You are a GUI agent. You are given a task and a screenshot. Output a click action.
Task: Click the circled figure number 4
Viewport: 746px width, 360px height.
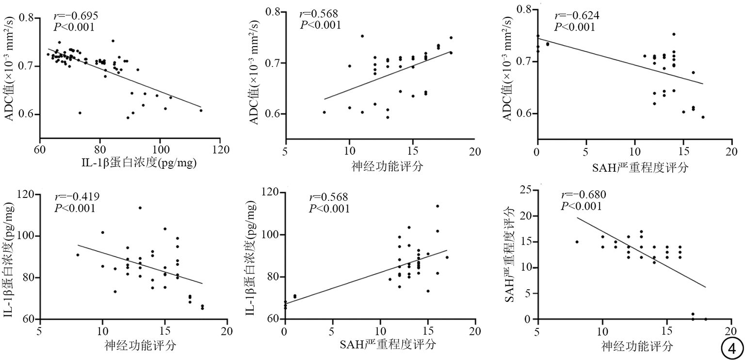[732, 347]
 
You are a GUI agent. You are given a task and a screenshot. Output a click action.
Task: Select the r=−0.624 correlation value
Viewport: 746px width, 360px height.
[577, 16]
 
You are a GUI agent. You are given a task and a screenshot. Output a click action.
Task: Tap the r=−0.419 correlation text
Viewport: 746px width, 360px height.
[77, 197]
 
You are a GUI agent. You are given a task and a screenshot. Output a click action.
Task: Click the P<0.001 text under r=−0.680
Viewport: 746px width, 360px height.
[582, 206]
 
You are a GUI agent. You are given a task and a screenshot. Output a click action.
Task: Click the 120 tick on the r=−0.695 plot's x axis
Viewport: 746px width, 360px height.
[220, 149]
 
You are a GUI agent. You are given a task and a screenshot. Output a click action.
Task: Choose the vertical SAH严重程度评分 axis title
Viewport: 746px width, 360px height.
[510, 254]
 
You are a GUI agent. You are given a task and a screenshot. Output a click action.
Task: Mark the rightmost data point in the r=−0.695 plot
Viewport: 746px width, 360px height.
[201, 111]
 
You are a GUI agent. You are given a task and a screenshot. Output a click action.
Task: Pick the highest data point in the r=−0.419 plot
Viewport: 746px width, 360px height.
[140, 208]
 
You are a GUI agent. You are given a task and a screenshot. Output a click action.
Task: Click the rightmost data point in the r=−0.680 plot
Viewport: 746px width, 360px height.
[706, 319]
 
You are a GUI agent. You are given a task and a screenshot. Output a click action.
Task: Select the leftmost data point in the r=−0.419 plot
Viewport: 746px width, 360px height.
[78, 255]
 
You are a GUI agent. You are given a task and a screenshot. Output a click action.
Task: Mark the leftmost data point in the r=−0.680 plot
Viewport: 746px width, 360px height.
[577, 242]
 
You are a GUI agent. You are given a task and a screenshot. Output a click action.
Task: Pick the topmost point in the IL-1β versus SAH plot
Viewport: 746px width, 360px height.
[437, 206]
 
